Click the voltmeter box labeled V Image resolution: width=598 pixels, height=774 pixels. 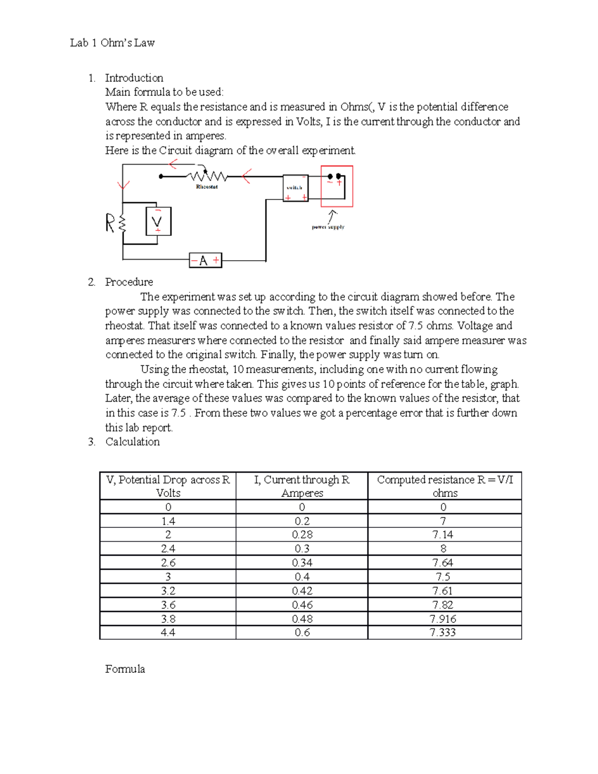tap(158, 221)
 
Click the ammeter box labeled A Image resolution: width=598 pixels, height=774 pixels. tap(205, 260)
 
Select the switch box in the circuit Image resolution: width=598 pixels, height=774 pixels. tap(295, 188)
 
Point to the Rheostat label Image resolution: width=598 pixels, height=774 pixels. tap(207, 187)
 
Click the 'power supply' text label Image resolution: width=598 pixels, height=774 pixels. tap(328, 227)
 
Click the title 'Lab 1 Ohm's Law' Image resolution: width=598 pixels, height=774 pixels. tap(112, 43)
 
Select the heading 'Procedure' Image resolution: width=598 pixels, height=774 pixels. tap(129, 282)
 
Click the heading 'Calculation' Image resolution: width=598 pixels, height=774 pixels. tap(132, 442)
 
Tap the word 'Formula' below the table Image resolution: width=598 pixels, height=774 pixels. tap(125, 669)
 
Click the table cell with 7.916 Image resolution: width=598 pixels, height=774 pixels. tap(443, 619)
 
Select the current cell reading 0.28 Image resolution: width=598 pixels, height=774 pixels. tap(302, 535)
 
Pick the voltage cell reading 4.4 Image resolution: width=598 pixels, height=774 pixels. tap(168, 632)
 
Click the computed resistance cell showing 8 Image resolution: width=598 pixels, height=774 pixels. tap(443, 549)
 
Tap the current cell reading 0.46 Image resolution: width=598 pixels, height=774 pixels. tap(302, 605)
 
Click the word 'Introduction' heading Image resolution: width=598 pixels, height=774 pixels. tap(134, 78)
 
